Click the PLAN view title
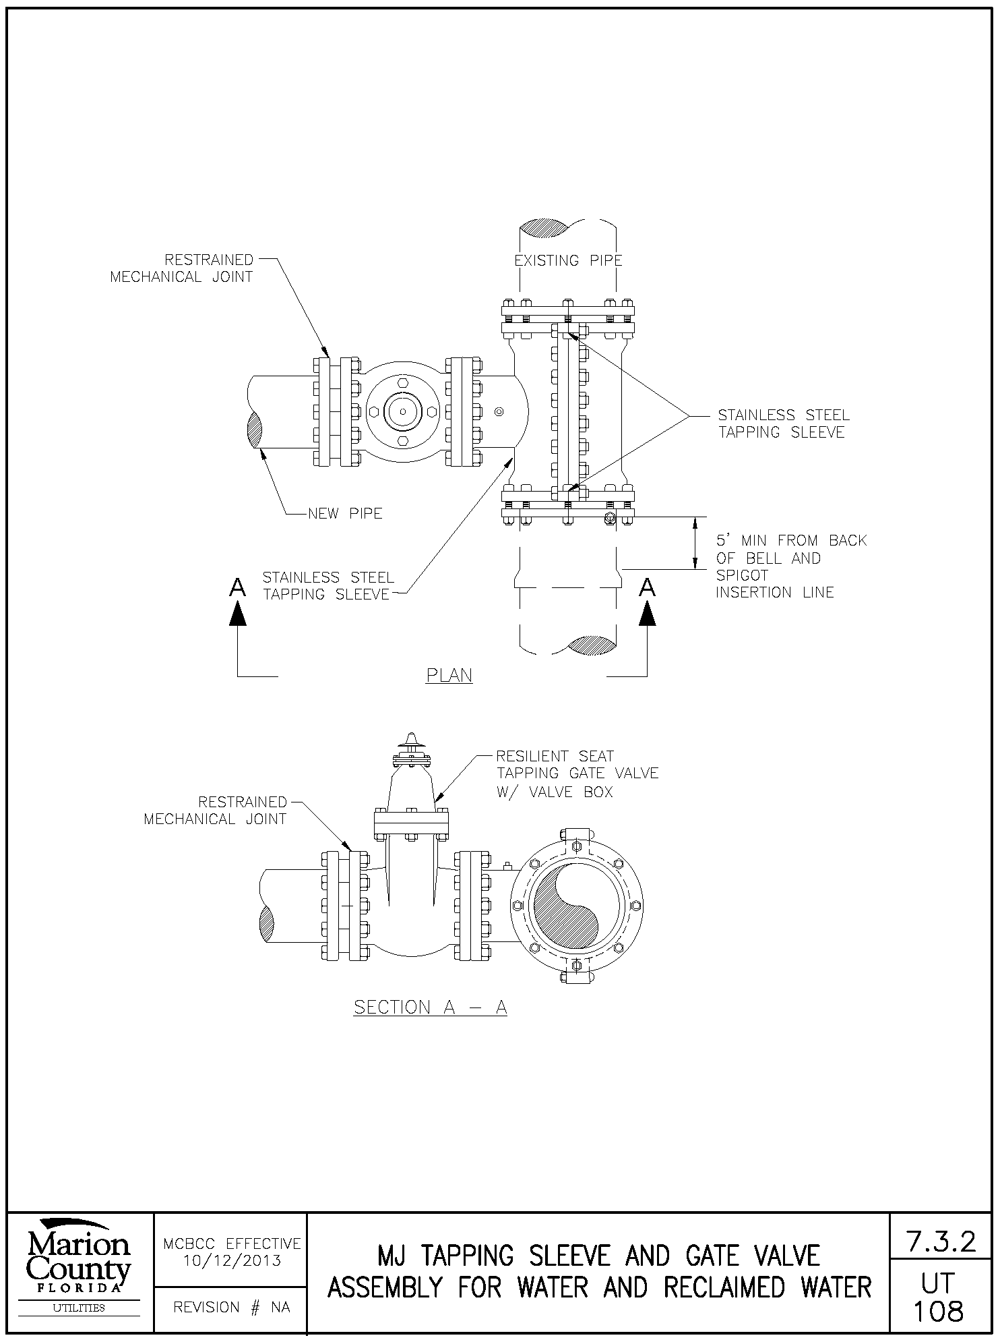(x=449, y=675)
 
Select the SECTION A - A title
(x=430, y=1007)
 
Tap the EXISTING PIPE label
(x=568, y=260)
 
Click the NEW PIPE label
(x=345, y=514)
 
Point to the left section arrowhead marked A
(x=237, y=612)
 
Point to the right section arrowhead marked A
(x=648, y=612)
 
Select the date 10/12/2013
(x=232, y=1260)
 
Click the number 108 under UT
(x=939, y=1311)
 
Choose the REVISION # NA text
(x=232, y=1308)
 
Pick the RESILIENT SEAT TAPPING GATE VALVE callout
(x=577, y=773)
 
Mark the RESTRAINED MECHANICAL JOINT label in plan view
(x=182, y=268)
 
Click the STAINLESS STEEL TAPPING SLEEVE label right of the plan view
(x=783, y=423)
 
